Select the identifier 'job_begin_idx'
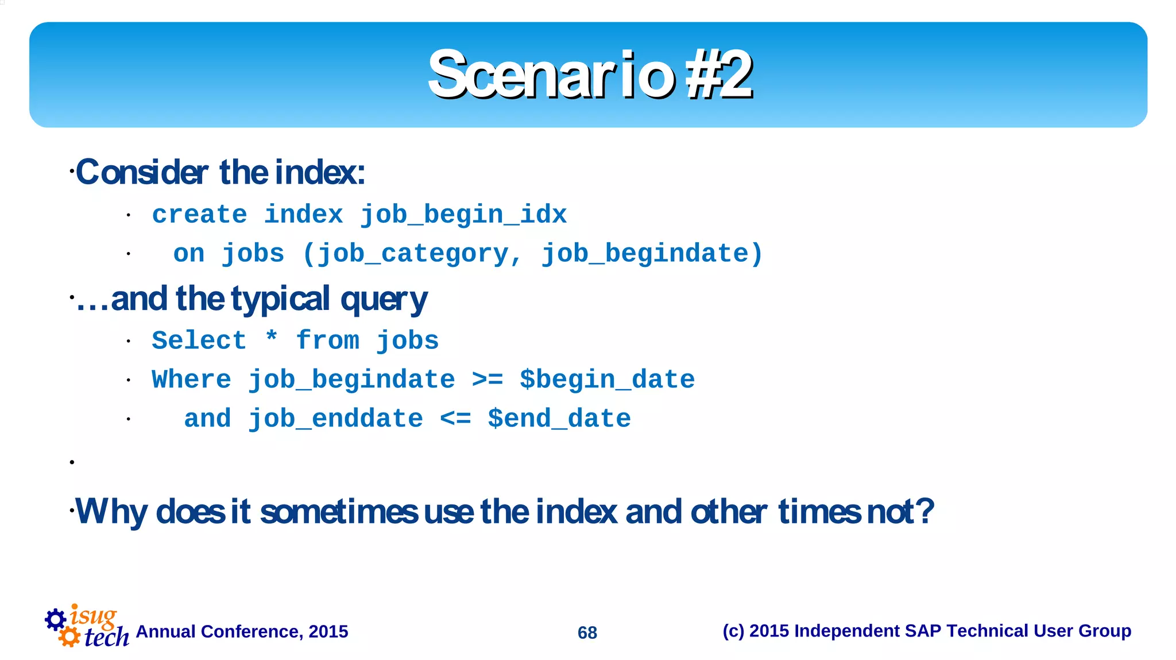click(463, 215)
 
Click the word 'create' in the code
click(199, 215)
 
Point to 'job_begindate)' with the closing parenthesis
click(652, 254)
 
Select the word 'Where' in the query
click(191, 380)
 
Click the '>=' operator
click(487, 380)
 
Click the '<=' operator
click(455, 419)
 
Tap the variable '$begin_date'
click(607, 380)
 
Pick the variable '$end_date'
click(559, 419)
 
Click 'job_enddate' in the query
click(335, 419)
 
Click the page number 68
click(587, 632)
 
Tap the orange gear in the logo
click(69, 636)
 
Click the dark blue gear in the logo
click(55, 619)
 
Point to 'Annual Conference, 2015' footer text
click(242, 632)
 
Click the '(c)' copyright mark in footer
click(733, 631)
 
